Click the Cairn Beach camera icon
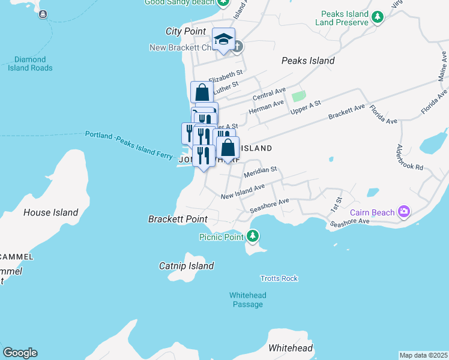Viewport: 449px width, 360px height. click(404, 211)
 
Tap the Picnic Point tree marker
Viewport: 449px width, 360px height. click(253, 236)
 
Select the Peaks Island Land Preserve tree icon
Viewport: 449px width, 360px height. click(377, 18)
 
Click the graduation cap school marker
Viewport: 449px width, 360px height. click(223, 40)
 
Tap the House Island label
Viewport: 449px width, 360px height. click(50, 212)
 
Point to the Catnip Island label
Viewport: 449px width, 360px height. click(186, 266)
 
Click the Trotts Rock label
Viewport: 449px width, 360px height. click(279, 278)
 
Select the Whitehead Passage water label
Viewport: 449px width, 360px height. click(247, 300)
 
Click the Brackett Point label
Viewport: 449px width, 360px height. click(178, 220)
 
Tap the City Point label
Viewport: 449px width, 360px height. click(185, 31)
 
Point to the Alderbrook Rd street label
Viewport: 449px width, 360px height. click(411, 157)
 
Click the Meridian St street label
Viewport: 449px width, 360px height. click(260, 172)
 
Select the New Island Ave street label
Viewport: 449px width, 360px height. click(243, 191)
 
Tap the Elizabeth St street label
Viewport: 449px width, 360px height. click(225, 76)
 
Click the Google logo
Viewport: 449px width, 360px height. click(20, 353)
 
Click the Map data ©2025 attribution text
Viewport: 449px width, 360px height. click(423, 355)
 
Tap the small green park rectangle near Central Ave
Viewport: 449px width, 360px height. click(298, 95)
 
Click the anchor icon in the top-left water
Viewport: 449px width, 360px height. click(43, 14)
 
